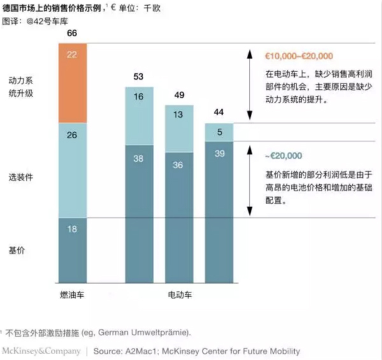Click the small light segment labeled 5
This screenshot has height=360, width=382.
(x=219, y=133)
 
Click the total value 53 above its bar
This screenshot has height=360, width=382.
(x=139, y=77)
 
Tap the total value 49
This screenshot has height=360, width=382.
(x=179, y=96)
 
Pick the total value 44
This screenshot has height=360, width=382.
(x=219, y=112)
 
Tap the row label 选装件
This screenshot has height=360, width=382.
(x=20, y=178)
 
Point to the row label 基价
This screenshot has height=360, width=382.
(x=17, y=251)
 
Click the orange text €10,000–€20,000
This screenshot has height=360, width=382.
(x=299, y=56)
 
